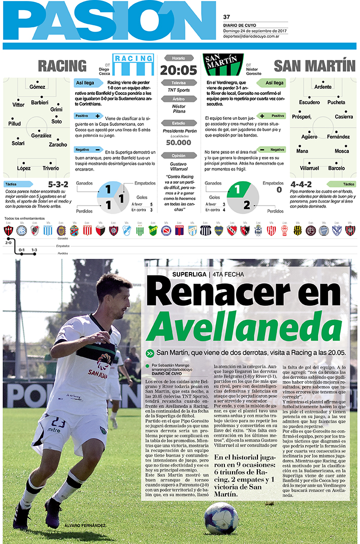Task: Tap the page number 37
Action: [227, 17]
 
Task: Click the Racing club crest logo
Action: [133, 64]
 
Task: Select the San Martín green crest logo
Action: [223, 64]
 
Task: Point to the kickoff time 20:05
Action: [178, 70]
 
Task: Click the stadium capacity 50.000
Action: [179, 143]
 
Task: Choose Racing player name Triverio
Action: [50, 168]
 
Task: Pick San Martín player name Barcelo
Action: [336, 168]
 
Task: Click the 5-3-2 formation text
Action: [58, 184]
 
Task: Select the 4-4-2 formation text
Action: [301, 184]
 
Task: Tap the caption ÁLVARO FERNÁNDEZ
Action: [85, 525]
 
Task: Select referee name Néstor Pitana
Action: [179, 110]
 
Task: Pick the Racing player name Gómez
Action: [37, 87]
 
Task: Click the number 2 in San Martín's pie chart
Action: [246, 205]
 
